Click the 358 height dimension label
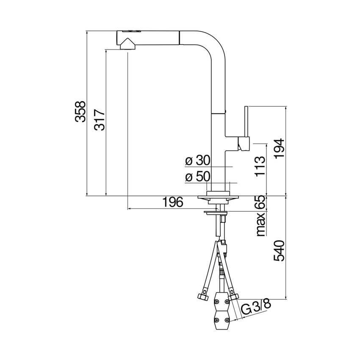[x=80, y=112]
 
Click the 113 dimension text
[x=260, y=166]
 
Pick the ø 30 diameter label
[x=198, y=161]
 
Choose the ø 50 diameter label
[x=198, y=177]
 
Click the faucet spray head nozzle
[x=126, y=44]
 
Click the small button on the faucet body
[x=225, y=110]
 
